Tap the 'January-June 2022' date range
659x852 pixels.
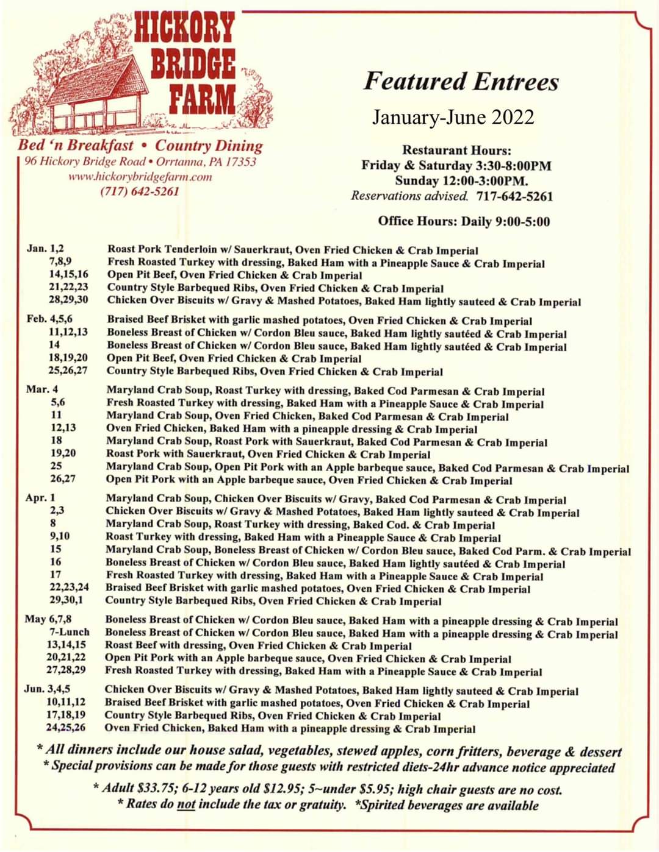[x=453, y=116]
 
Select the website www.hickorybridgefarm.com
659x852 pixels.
[x=140, y=177]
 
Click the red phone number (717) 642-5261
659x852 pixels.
[x=140, y=191]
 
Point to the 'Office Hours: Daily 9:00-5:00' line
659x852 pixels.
[x=464, y=221]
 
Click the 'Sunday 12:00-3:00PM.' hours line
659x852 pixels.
[x=461, y=180]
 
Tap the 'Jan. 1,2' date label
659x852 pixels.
[x=45, y=248]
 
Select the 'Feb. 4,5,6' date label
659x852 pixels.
[x=49, y=319]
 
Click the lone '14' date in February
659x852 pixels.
[x=55, y=345]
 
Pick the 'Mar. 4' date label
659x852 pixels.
[x=42, y=389]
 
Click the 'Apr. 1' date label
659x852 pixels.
[x=40, y=497]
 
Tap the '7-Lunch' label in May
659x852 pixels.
[x=69, y=632]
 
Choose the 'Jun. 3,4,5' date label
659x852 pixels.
[x=47, y=689]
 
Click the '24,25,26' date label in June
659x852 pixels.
[x=65, y=727]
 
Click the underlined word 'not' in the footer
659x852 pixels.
[x=185, y=804]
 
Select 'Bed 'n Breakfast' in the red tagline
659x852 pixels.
[x=75, y=145]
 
